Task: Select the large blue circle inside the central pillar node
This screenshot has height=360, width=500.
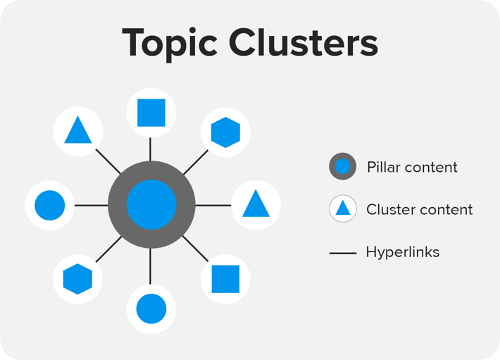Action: [x=151, y=205]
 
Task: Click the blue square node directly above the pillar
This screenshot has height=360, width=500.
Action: [x=151, y=113]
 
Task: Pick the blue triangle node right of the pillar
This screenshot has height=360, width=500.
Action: [x=256, y=205]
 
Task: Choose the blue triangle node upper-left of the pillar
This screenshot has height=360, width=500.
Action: [x=78, y=131]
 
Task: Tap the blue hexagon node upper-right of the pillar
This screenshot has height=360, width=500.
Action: [x=225, y=131]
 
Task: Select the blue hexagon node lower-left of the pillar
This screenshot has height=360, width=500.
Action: [x=77, y=279]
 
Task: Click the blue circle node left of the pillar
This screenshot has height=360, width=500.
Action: [x=49, y=205]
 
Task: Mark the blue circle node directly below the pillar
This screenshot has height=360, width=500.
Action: [x=151, y=309]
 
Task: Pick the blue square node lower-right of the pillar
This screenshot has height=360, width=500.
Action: [x=225, y=279]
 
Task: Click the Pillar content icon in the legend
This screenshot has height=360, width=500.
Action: [x=342, y=167]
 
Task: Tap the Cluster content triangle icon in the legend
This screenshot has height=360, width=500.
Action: [x=342, y=209]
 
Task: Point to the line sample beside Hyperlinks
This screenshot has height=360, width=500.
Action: [x=342, y=252]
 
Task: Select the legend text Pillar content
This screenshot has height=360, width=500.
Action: [x=412, y=167]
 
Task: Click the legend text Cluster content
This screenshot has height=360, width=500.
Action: [x=419, y=209]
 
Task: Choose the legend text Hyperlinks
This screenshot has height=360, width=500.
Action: [x=402, y=252]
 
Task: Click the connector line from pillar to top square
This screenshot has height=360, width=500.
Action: [x=151, y=149]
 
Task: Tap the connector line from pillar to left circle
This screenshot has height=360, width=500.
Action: [x=91, y=205]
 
